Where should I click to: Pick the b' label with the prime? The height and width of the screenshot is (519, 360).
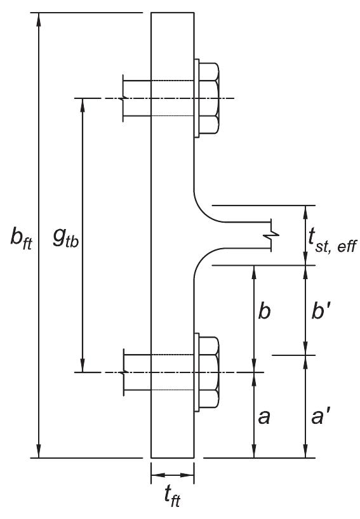pyautogui.click(x=328, y=313)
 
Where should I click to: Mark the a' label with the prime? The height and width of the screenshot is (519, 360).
pyautogui.click(x=328, y=417)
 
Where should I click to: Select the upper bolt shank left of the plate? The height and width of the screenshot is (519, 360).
pyautogui.click(x=135, y=98)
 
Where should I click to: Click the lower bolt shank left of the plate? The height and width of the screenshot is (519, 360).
pyautogui.click(x=135, y=372)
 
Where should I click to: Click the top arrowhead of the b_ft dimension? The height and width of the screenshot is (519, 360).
pyautogui.click(x=39, y=19)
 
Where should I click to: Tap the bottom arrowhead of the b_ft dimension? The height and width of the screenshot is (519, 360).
pyautogui.click(x=39, y=450)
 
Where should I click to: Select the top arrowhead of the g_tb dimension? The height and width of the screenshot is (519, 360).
pyautogui.click(x=83, y=105)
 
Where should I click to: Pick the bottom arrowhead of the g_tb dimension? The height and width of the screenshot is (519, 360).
pyautogui.click(x=83, y=365)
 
